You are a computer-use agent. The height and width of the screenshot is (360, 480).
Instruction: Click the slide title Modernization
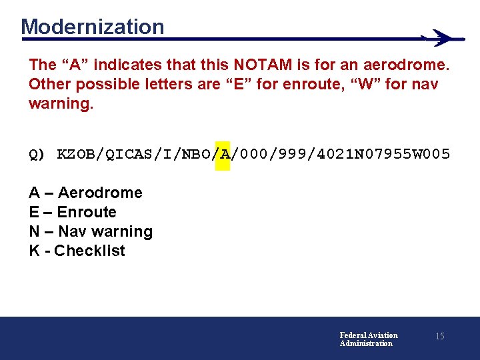point(92,27)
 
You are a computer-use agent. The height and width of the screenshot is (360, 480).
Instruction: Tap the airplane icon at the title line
point(441,38)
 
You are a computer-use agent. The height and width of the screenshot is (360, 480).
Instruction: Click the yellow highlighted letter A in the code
point(223,155)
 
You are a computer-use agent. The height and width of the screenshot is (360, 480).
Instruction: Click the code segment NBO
point(199,155)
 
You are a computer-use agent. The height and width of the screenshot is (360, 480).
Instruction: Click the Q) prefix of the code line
point(37,155)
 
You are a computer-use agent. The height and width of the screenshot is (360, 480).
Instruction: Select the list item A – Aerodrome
point(85,193)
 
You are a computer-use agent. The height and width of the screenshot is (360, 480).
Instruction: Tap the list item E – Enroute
point(73,212)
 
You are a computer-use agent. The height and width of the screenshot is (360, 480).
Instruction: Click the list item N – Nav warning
point(91,231)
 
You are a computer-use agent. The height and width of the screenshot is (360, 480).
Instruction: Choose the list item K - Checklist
point(77,251)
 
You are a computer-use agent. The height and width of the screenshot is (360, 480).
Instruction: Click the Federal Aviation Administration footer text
point(368,339)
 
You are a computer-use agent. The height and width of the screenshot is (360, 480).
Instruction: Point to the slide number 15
point(439,337)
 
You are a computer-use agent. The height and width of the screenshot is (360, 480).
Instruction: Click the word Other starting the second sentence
point(49,85)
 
